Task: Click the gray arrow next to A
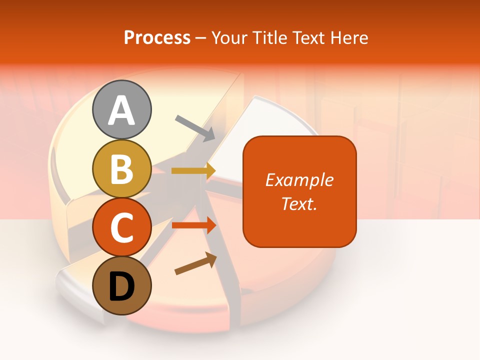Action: click(195, 127)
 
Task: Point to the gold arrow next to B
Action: click(193, 170)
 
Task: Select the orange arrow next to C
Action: click(194, 225)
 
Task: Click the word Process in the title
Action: click(157, 38)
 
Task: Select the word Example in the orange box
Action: click(299, 180)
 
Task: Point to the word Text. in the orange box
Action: click(299, 203)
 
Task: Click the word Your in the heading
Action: click(230, 38)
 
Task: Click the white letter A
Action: click(121, 110)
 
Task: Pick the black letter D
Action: click(121, 286)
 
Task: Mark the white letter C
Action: click(121, 228)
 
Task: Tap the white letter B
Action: click(121, 169)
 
